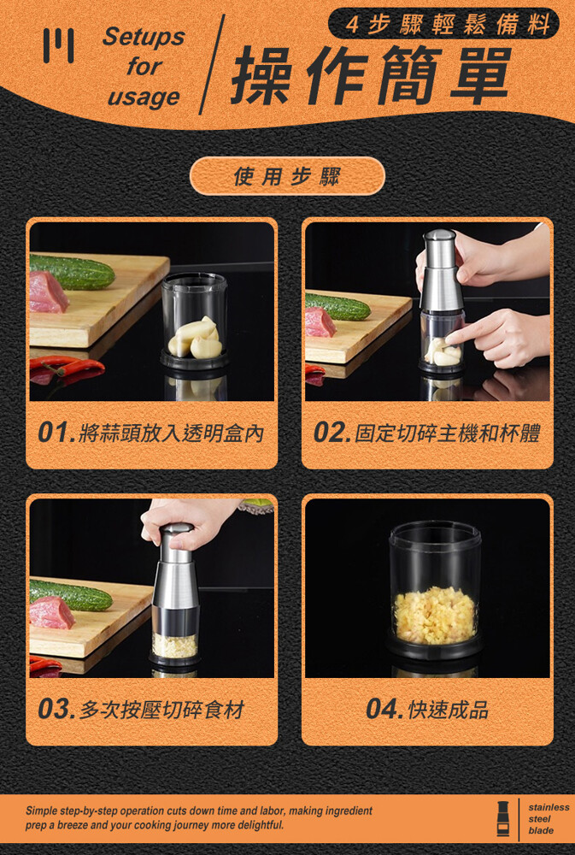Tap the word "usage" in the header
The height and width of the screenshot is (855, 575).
(144, 97)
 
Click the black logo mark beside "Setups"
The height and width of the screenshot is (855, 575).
(59, 45)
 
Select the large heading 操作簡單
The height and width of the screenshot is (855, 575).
(371, 75)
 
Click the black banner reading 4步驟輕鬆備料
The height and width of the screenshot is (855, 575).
(443, 25)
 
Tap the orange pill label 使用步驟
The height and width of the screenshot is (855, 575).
(287, 176)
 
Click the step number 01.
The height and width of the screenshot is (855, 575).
(56, 433)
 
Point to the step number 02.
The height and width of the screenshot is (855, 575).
(332, 433)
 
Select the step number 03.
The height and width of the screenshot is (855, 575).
(56, 709)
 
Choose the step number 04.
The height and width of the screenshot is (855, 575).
(385, 709)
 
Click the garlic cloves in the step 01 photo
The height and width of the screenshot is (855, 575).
(195, 339)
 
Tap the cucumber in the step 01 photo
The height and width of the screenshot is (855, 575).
(72, 272)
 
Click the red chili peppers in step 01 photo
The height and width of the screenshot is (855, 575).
(67, 369)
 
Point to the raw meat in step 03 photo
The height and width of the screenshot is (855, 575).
(51, 612)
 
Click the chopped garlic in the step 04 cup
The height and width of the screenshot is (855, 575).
(435, 615)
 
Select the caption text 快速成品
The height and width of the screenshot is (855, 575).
(448, 710)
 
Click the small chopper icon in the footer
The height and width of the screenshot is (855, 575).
(503, 818)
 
